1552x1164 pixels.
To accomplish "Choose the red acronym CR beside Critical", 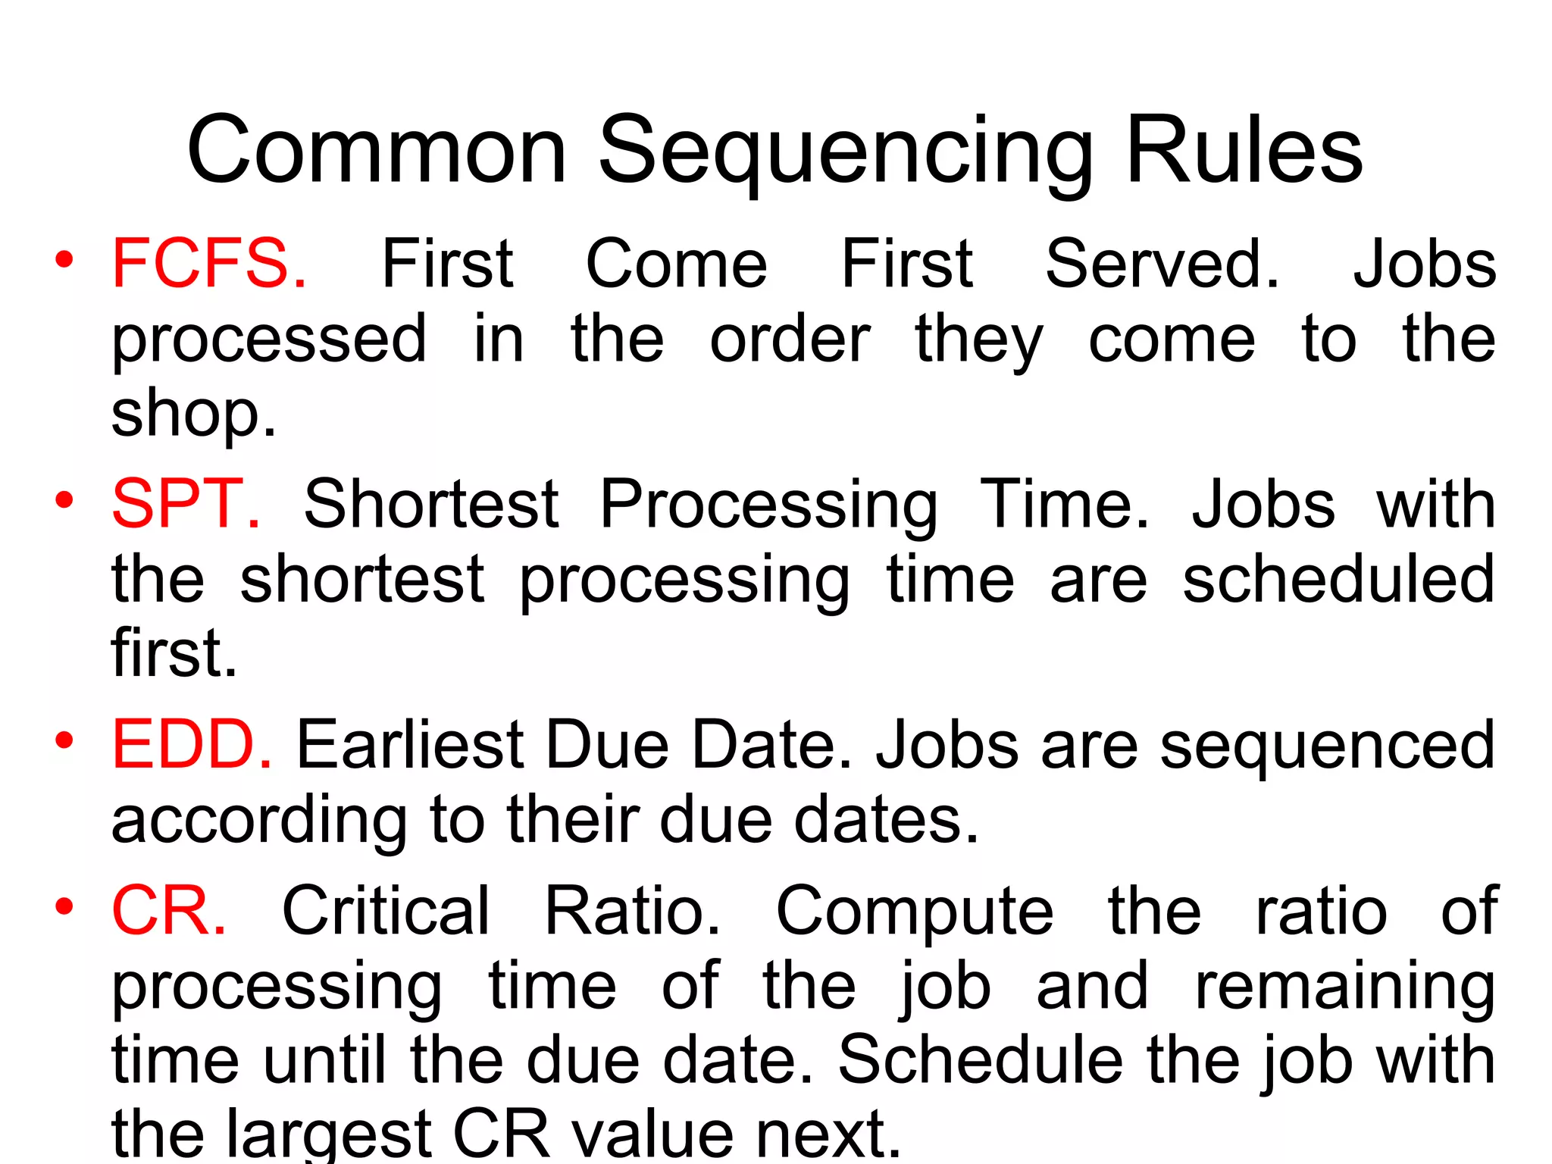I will click(x=169, y=911).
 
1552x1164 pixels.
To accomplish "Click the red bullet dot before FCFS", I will click(x=64, y=261).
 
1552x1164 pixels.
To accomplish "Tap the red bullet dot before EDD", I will click(x=64, y=740).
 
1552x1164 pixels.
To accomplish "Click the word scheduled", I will click(x=1338, y=579).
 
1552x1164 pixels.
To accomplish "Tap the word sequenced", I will click(x=1327, y=746).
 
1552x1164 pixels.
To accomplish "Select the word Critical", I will click(x=386, y=911).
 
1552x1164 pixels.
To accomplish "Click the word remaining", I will click(x=1344, y=988).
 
